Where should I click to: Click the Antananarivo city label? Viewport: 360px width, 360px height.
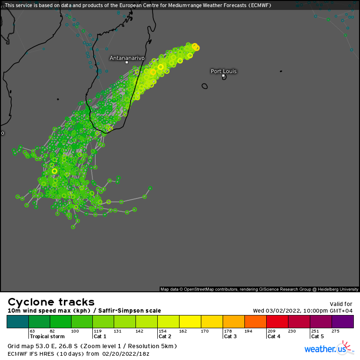click(x=127, y=58)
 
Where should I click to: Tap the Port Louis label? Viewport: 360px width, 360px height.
click(x=224, y=71)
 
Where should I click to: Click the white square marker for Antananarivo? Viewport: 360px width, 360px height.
click(x=126, y=63)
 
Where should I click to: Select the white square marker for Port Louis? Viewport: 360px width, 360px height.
click(x=223, y=75)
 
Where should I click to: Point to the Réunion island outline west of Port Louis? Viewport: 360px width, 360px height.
click(x=205, y=86)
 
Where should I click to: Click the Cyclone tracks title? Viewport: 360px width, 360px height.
click(x=51, y=302)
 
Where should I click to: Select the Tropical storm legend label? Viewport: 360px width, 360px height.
click(x=47, y=336)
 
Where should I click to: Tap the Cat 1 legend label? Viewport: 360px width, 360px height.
click(x=99, y=336)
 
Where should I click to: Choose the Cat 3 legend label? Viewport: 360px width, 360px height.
click(x=230, y=336)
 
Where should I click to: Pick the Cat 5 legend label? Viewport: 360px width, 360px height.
click(x=317, y=336)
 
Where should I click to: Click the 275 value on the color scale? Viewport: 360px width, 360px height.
click(x=335, y=331)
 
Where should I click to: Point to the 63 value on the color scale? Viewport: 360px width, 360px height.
click(x=33, y=331)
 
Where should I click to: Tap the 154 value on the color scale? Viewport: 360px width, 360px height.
click(x=162, y=331)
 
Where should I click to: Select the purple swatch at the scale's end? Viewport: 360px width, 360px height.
click(x=342, y=322)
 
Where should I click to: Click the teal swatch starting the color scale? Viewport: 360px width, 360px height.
click(x=18, y=322)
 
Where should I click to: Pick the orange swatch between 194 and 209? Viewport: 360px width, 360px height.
click(x=255, y=322)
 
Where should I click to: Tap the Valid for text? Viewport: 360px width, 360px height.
click(x=341, y=304)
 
